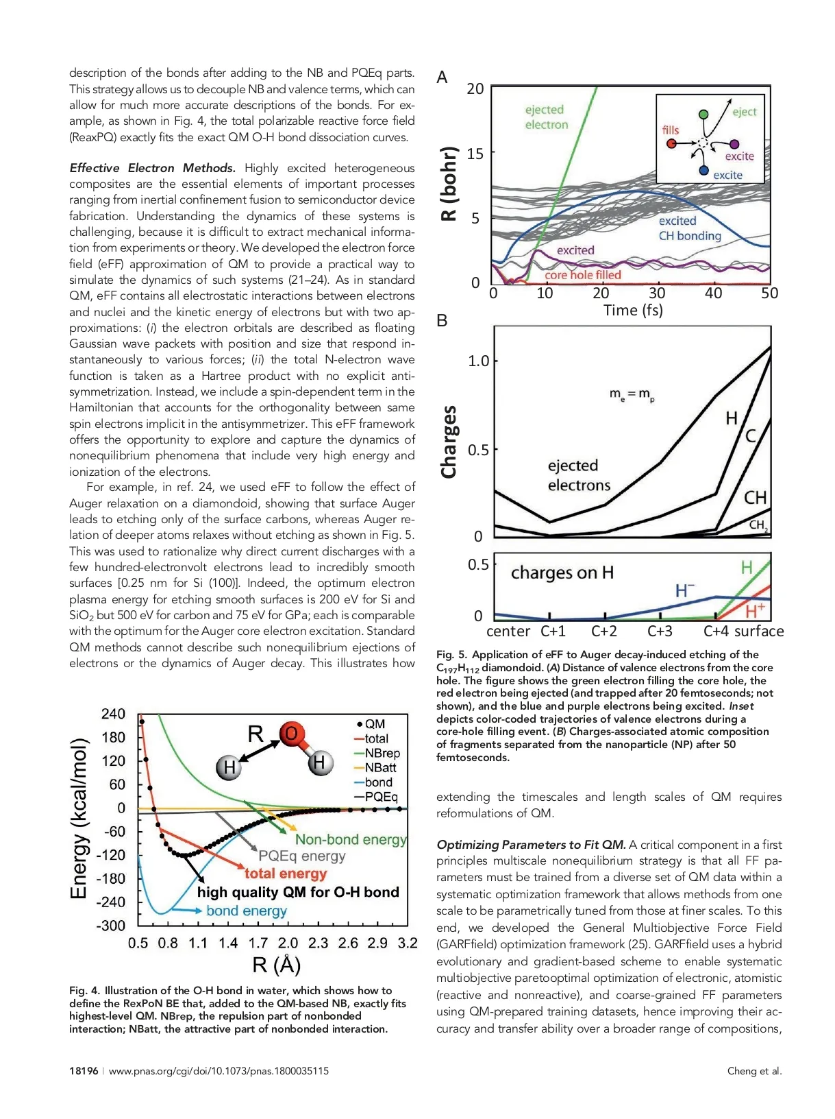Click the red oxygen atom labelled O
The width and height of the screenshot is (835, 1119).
[292, 734]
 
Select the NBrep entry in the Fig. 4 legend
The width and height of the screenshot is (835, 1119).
[382, 753]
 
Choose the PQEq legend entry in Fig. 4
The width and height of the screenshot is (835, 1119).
[381, 797]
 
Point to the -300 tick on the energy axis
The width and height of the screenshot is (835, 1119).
[110, 925]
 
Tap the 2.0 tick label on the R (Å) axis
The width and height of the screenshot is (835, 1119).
[288, 943]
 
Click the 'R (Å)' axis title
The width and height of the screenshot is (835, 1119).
[277, 965]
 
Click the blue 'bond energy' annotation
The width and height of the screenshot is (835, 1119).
[247, 911]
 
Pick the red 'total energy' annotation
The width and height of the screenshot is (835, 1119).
[286, 874]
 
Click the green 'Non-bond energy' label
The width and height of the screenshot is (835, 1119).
[351, 839]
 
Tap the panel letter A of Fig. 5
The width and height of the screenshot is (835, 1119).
[443, 77]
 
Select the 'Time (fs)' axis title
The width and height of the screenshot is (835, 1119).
[633, 311]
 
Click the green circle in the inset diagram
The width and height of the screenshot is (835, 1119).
[703, 115]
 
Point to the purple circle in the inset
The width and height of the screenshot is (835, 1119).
[734, 144]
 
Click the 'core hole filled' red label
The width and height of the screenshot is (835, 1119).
[583, 275]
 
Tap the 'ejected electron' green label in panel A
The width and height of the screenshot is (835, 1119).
[546, 117]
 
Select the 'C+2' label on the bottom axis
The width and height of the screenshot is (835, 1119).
[604, 631]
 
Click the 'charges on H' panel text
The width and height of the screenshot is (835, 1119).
[562, 573]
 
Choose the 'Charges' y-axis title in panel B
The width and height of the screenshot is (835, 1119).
[449, 442]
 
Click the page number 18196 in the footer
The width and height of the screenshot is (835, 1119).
[84, 1071]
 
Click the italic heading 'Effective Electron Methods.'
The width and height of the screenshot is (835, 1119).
[152, 168]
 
